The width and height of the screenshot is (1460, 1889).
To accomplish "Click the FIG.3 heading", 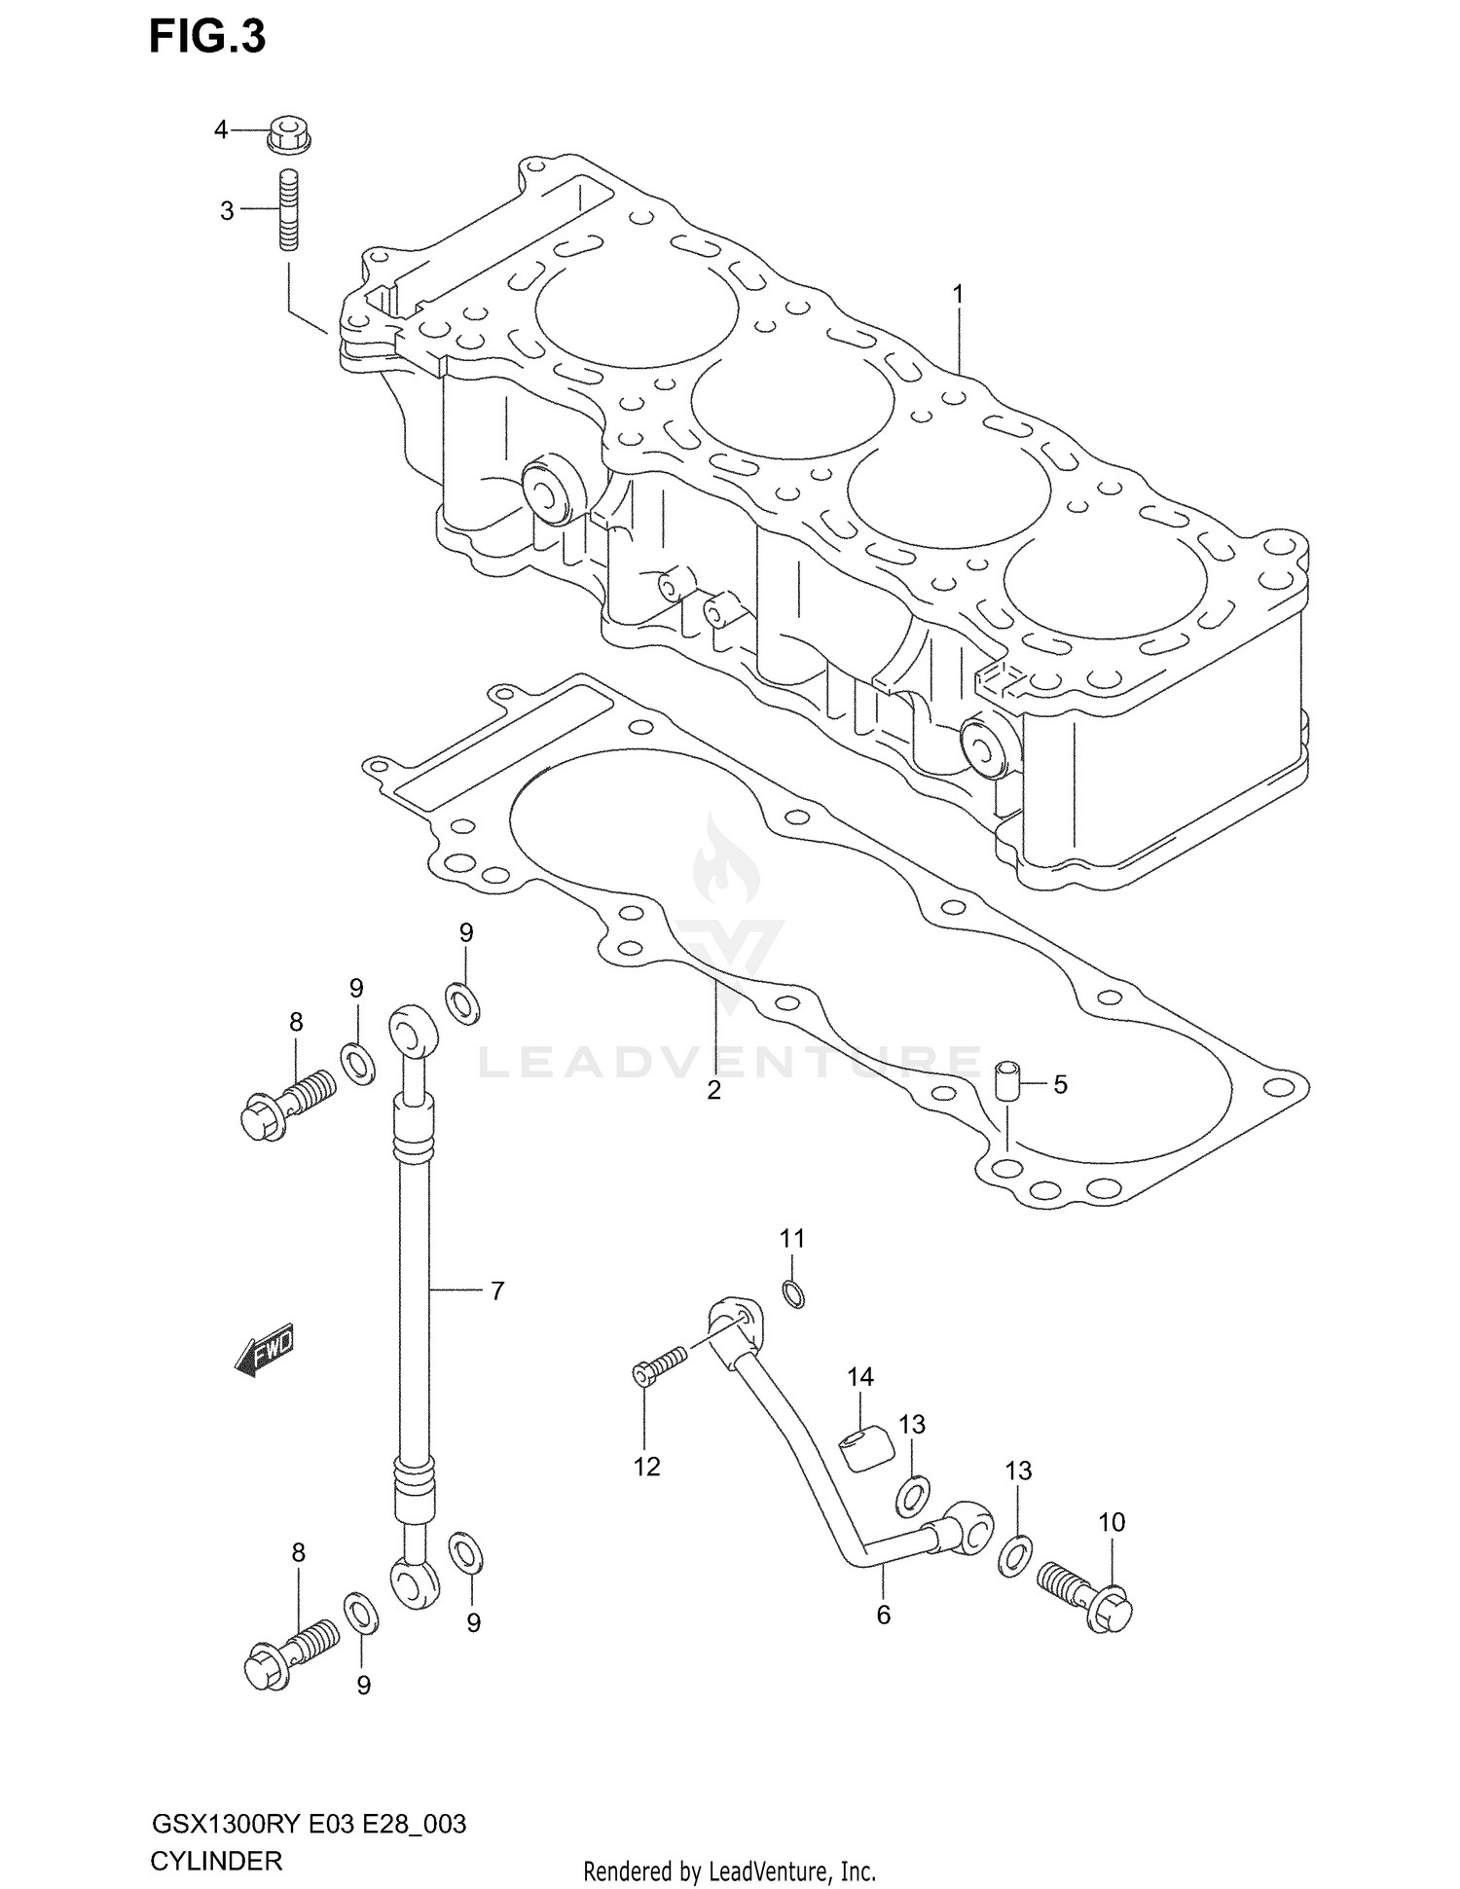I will pos(207,37).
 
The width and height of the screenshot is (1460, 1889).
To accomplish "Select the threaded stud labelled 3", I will pos(289,210).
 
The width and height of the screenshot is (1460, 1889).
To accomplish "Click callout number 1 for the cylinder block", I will pos(958,293).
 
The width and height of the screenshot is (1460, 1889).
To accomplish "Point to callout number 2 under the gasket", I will pos(713,1090).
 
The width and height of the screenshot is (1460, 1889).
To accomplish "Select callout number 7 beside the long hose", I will pos(496,1290).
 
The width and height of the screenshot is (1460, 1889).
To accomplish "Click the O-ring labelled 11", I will pos(793,1294).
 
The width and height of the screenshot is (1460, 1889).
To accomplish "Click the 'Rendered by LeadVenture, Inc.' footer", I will pos(729,1871).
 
